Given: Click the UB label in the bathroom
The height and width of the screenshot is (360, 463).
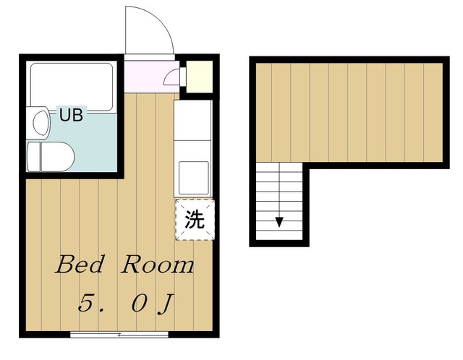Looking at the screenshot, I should point(71,114).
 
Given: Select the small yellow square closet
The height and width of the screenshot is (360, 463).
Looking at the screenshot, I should point(196,75).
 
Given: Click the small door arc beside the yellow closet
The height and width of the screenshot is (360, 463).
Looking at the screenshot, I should point(171,77).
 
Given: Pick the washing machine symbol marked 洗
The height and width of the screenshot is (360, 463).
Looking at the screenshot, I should point(194,220).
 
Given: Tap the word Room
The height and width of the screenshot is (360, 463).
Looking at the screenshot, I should point(157,265).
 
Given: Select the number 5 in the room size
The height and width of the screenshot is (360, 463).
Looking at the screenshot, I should point(86,301).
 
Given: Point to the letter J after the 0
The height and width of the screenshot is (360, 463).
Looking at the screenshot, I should point(166,302).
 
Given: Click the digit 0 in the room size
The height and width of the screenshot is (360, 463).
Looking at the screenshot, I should point(140,301).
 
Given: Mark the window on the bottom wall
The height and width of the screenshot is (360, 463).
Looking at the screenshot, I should point(119,335).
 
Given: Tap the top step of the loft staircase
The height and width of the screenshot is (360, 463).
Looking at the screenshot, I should point(279,168).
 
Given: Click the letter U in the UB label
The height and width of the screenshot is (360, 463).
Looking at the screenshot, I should point(64,114).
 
